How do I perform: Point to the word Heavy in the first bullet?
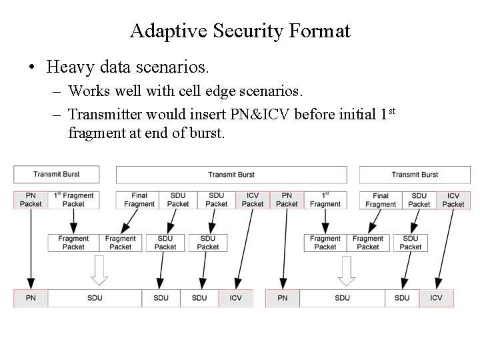69,67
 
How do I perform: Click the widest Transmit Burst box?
231,175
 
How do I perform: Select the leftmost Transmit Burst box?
56,174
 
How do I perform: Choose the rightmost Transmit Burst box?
414,175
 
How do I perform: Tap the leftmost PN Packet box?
31,199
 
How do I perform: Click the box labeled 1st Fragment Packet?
73,199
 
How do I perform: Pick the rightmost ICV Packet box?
453,199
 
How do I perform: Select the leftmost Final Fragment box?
139,199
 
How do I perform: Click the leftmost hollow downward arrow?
99,271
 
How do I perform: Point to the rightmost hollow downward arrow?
346,271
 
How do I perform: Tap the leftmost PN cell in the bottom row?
31,298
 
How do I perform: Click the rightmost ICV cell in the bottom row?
436,298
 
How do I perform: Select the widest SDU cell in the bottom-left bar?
95,298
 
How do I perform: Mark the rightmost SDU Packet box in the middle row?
410,243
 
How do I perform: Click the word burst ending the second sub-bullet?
209,133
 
